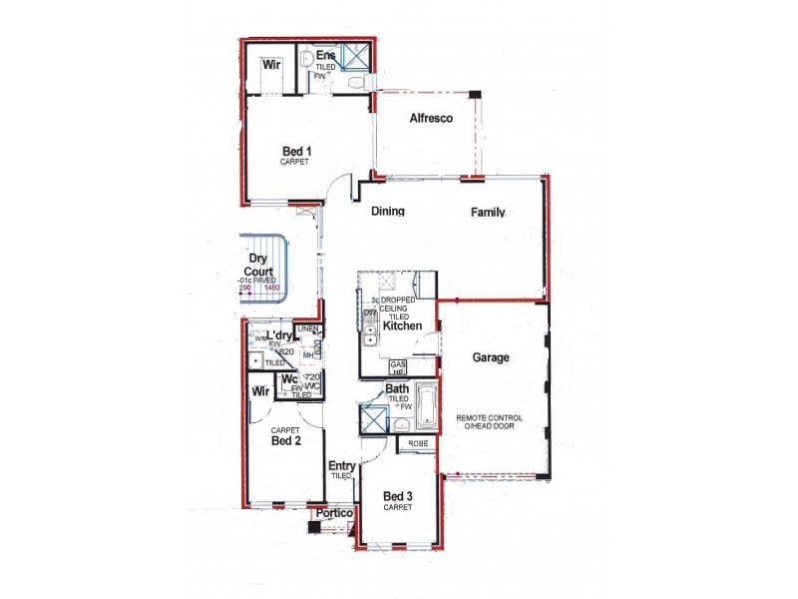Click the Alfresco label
pos(431,118)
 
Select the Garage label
pos(491,356)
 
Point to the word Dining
pos(387,212)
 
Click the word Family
pos(489,212)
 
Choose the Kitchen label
pos(403,326)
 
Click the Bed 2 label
pos(286,440)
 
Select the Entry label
pos(342,465)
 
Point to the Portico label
pos(334,513)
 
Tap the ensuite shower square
pos(355,56)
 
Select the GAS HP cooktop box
pos(398,367)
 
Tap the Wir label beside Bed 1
pos(270,65)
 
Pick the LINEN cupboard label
pos(308,329)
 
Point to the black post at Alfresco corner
pos(476,95)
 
